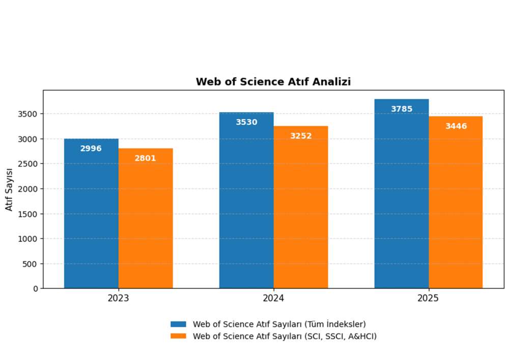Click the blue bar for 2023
pyautogui.click(x=91, y=214)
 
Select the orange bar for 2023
pyautogui.click(x=146, y=219)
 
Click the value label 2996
pyautogui.click(x=91, y=149)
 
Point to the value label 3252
pyautogui.click(x=301, y=136)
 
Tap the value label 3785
pyautogui.click(x=402, y=109)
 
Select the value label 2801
pyautogui.click(x=146, y=158)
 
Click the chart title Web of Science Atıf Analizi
pyautogui.click(x=273, y=81)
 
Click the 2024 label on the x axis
pyautogui.click(x=273, y=298)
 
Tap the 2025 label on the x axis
pyautogui.click(x=429, y=298)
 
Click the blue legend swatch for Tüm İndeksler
pyautogui.click(x=179, y=324)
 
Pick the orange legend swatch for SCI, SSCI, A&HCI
pyautogui.click(x=179, y=336)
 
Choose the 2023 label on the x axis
pyautogui.click(x=118, y=298)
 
